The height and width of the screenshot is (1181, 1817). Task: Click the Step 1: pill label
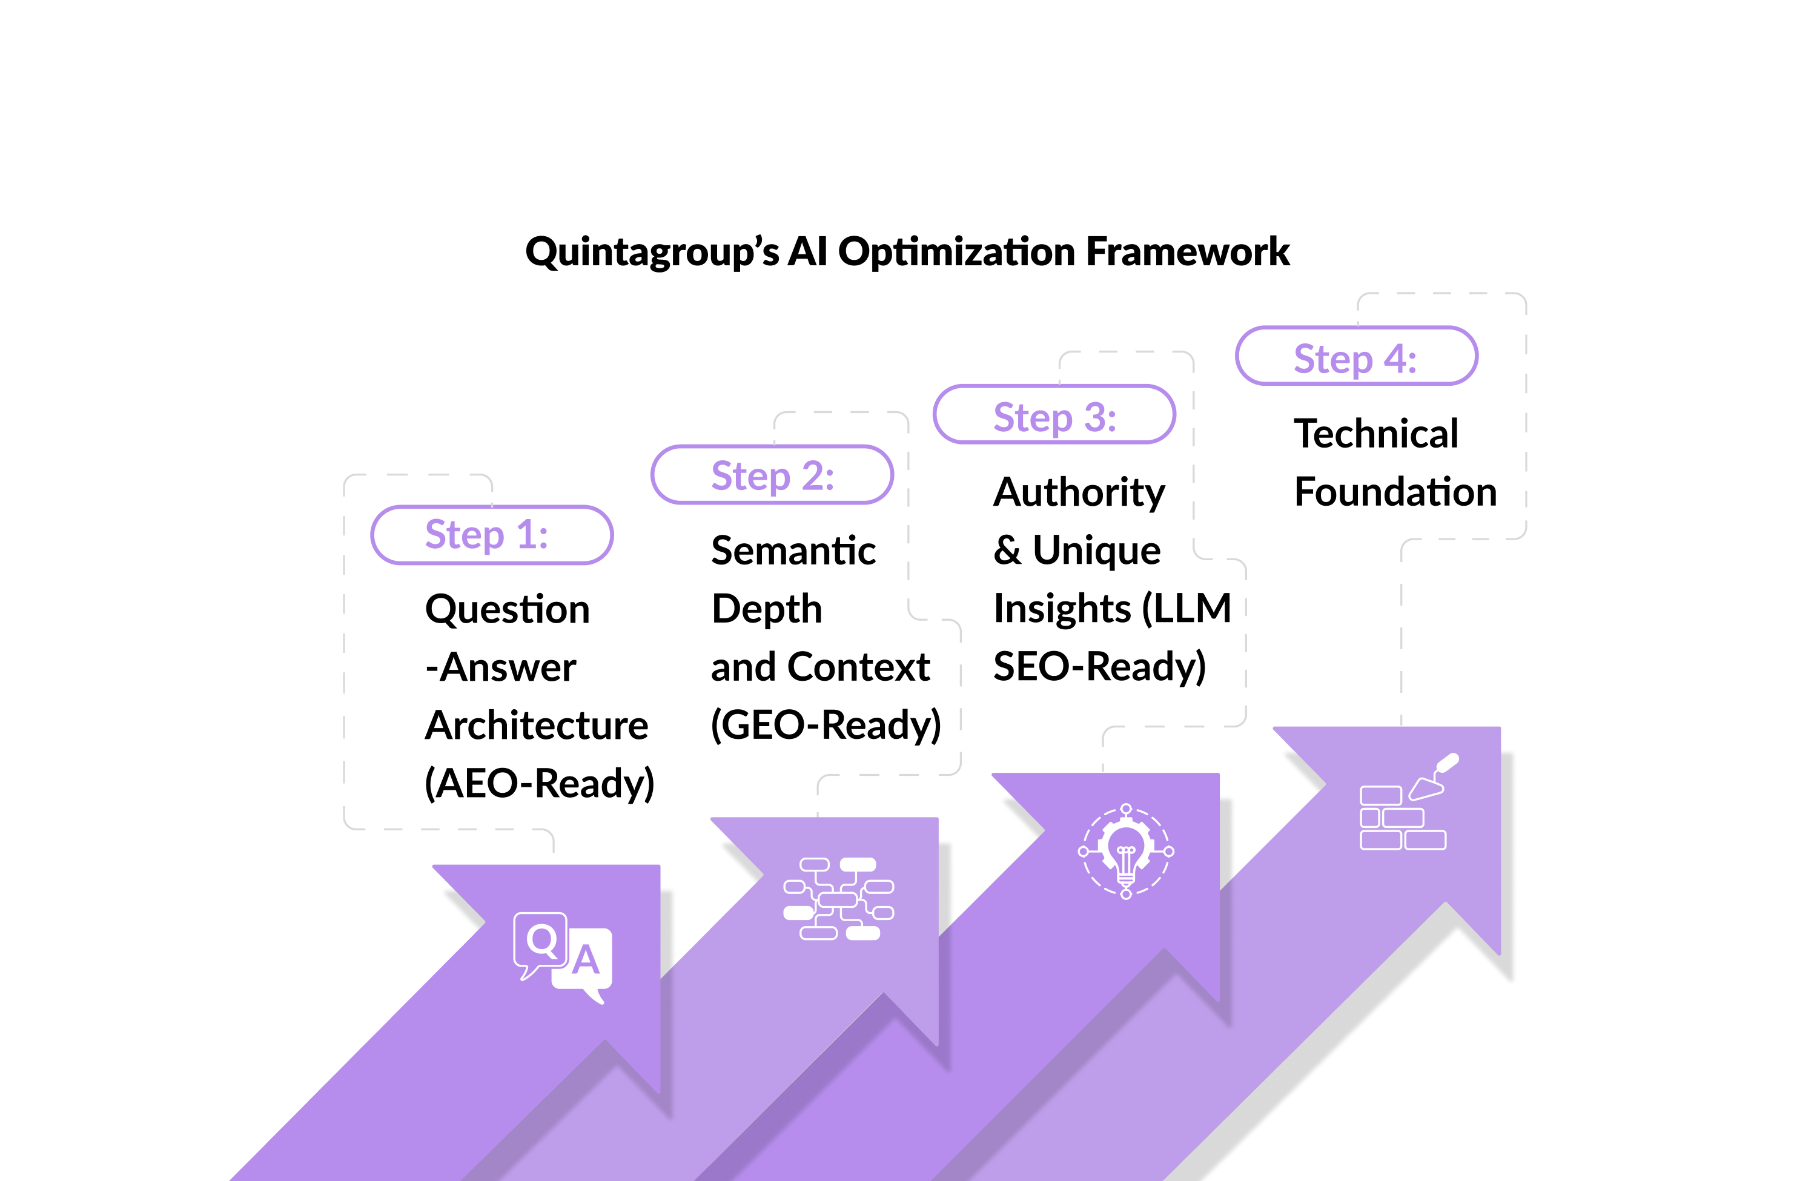pyautogui.click(x=492, y=534)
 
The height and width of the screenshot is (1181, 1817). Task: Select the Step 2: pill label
pyautogui.click(x=772, y=475)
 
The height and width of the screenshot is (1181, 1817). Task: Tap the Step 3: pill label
pyautogui.click(x=1054, y=416)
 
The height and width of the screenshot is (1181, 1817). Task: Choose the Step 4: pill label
pyautogui.click(x=1356, y=357)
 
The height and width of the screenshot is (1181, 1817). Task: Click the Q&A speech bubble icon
pyautogui.click(x=563, y=956)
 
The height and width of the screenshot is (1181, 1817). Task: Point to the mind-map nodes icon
pyautogui.click(x=838, y=899)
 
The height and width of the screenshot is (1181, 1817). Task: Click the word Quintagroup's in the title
pyautogui.click(x=653, y=252)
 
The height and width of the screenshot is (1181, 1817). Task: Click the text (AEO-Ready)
pyautogui.click(x=539, y=783)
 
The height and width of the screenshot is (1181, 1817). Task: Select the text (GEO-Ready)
pyautogui.click(x=826, y=724)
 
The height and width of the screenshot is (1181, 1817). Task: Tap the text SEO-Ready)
pyautogui.click(x=1099, y=666)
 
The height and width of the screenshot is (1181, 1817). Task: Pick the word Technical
pyautogui.click(x=1375, y=434)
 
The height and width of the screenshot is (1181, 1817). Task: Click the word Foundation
pyautogui.click(x=1395, y=492)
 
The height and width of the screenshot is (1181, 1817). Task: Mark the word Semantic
pyautogui.click(x=793, y=551)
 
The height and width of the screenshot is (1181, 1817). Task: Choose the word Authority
pyautogui.click(x=1079, y=492)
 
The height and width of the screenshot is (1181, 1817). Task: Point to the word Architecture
pyautogui.click(x=537, y=725)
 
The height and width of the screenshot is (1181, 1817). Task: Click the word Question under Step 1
pyautogui.click(x=508, y=609)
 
